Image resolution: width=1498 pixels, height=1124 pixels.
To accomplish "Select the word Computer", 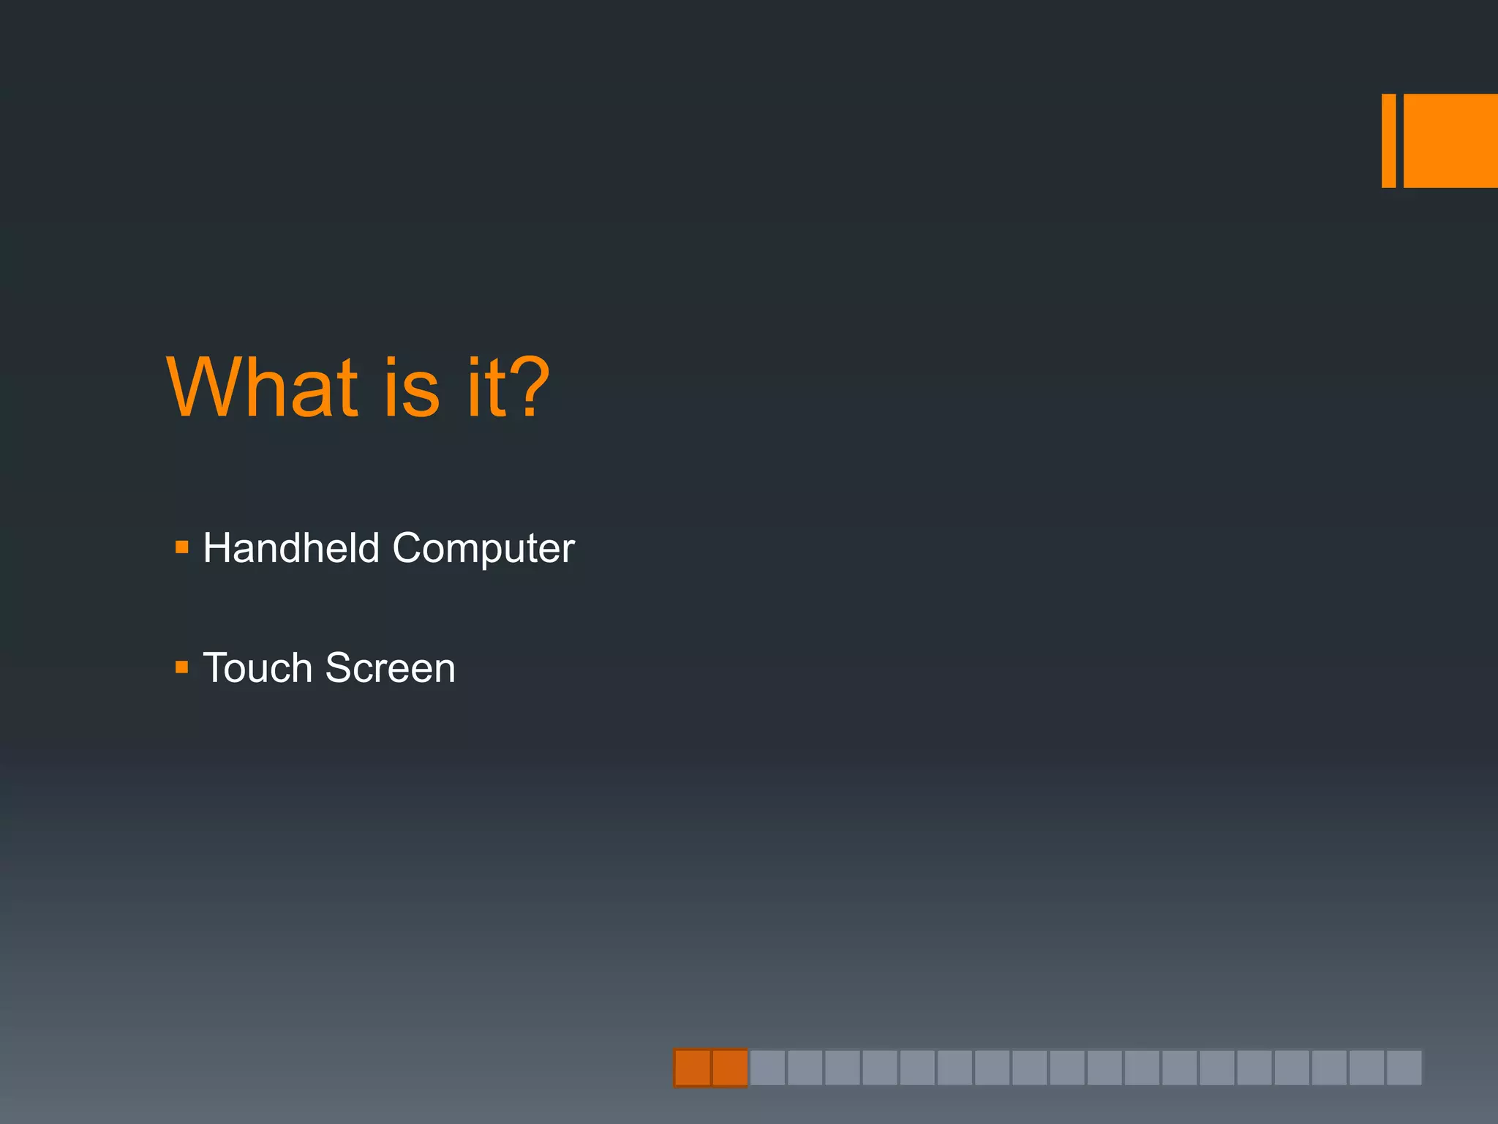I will (x=483, y=549).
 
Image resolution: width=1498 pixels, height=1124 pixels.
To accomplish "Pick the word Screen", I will (x=390, y=668).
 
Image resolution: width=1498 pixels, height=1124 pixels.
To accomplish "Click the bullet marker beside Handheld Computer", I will (x=182, y=547).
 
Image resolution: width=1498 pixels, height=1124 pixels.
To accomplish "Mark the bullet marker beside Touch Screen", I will (x=182, y=667).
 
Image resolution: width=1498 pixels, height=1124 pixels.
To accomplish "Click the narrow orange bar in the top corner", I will (x=1388, y=140).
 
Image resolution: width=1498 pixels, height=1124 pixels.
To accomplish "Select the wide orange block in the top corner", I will (x=1450, y=140).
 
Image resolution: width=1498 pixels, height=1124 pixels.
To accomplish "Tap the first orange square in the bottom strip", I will (x=692, y=1068).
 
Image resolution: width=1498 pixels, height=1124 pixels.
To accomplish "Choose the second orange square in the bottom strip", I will (x=729, y=1068).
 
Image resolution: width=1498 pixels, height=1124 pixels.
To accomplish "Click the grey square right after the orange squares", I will (x=767, y=1068).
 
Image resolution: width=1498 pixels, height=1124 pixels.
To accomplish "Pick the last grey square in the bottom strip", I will (x=1404, y=1068).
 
